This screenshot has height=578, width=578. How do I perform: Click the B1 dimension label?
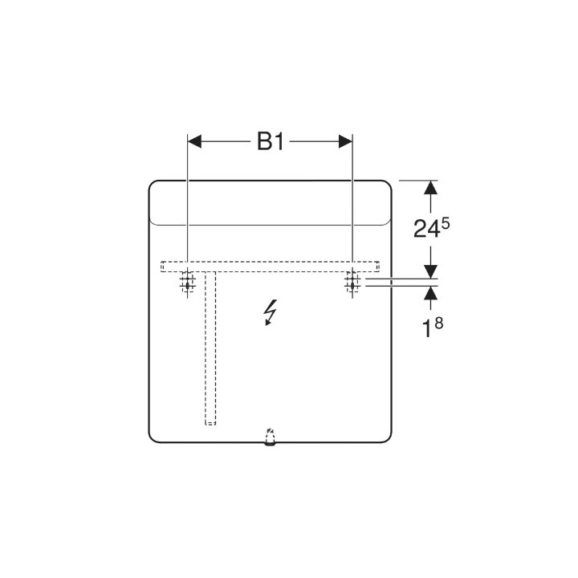(271, 142)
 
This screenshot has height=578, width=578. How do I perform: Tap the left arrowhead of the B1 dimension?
(194, 141)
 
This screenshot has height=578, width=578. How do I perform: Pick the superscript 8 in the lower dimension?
(440, 322)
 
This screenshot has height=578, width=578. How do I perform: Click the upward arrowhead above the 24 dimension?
(431, 187)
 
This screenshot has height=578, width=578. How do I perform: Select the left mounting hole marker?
(187, 283)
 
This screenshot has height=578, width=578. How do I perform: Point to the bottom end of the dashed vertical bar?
(210, 422)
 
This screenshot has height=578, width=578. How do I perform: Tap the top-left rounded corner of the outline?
(154, 185)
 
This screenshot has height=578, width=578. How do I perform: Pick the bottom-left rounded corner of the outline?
(154, 437)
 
